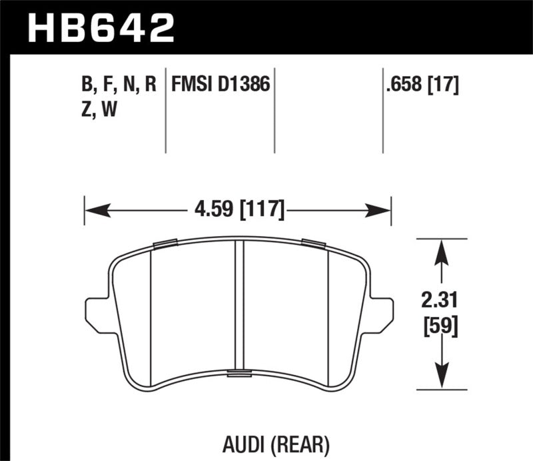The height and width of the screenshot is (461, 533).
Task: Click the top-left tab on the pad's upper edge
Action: point(164,243)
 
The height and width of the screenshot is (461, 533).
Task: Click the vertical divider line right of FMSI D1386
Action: point(276,110)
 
